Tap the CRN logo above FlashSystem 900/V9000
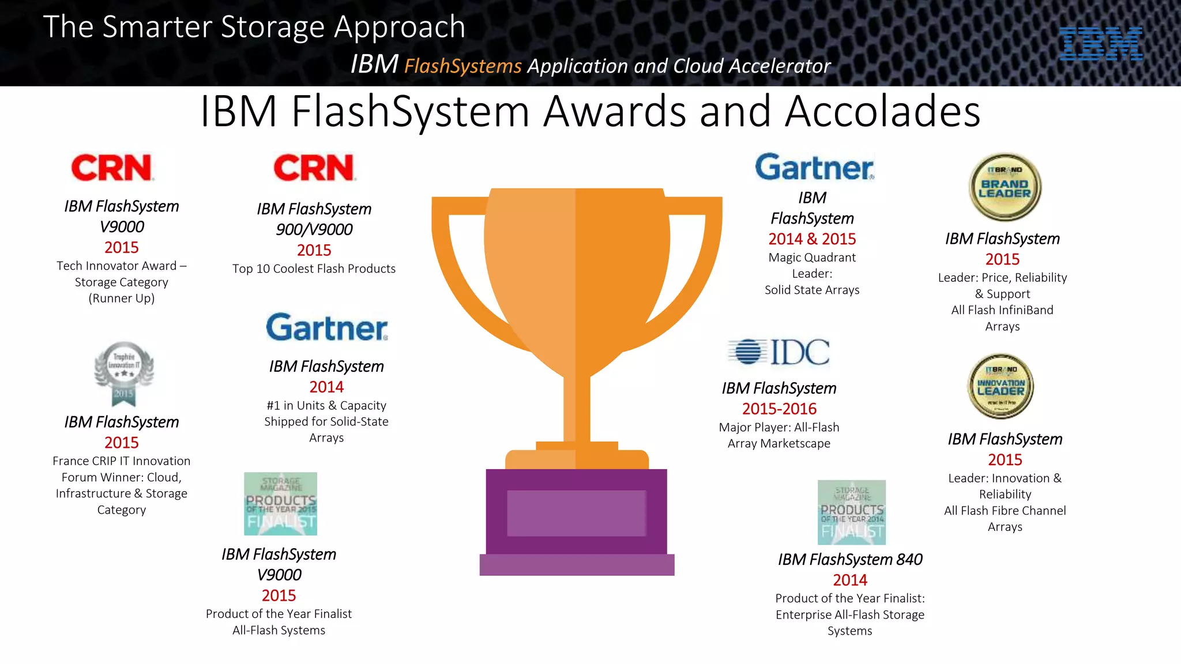coord(314,168)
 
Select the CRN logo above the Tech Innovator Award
coord(112,168)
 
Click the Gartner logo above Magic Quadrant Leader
coord(814,168)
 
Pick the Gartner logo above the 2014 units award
coord(326,327)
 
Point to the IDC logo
coord(779,352)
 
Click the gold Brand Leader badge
coord(1005,187)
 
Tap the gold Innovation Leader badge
coord(1001,386)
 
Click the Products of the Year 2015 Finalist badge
coord(280,504)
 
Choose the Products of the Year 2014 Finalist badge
coord(852,512)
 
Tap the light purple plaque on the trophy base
coord(576,513)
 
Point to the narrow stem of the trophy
coord(576,409)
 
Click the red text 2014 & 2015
coord(812,239)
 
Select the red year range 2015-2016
coord(779,409)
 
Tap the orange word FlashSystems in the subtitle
coord(462,66)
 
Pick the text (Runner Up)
coord(122,299)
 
